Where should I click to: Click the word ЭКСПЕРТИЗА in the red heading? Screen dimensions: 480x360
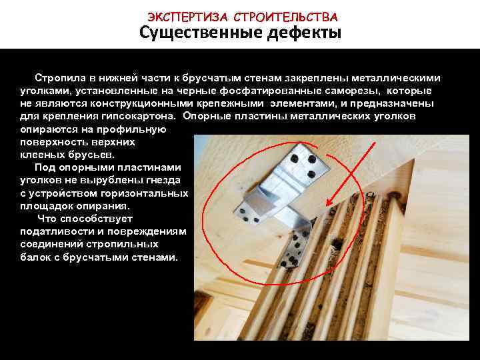pyautogui.click(x=187, y=17)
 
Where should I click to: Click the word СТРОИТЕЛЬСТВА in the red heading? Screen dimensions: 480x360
pyautogui.click(x=285, y=17)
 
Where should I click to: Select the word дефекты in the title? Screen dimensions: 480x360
pyautogui.click(x=304, y=33)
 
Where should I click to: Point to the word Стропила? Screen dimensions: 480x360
pyautogui.click(x=60, y=79)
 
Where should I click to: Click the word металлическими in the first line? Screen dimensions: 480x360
pyautogui.click(x=395, y=78)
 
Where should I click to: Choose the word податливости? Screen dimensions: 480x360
pyautogui.click(x=57, y=231)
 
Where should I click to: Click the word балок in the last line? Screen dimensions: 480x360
pyautogui.click(x=35, y=257)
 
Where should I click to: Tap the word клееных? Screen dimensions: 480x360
pyautogui.click(x=43, y=155)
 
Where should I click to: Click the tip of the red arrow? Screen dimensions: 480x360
pyautogui.click(x=327, y=206)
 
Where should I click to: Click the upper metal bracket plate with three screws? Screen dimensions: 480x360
pyautogui.click(x=303, y=165)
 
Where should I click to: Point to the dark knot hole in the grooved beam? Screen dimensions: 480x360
pyautogui.click(x=337, y=244)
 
